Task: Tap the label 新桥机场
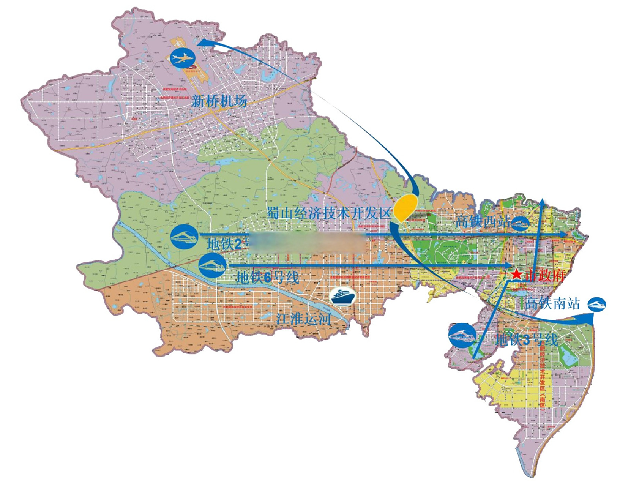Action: tap(219, 101)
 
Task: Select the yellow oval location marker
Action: tap(405, 208)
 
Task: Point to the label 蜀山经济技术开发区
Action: tap(328, 213)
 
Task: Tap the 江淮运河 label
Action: tap(303, 318)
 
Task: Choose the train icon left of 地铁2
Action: tap(184, 237)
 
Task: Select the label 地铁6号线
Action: tap(267, 278)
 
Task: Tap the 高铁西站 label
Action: tap(482, 221)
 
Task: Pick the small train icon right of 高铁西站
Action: tap(520, 223)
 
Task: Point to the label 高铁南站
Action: tap(553, 303)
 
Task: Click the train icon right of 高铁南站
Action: tap(597, 304)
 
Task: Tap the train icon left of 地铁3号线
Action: tap(462, 335)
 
